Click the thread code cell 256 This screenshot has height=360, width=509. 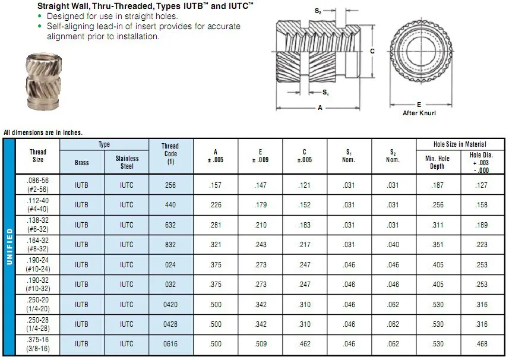tap(170, 185)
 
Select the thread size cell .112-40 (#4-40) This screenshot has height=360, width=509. tap(38, 205)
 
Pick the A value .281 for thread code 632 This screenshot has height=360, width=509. tap(216, 225)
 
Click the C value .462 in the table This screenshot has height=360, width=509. tap(305, 344)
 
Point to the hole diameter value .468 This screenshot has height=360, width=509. tap(483, 344)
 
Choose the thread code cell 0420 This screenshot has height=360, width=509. tap(170, 304)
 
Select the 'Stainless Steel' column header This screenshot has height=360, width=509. tap(127, 162)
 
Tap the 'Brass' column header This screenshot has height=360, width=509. tap(82, 162)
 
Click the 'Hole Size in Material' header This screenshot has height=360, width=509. tap(460, 144)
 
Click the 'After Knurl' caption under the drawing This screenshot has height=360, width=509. tap(419, 113)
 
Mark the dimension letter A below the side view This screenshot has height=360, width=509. tap(320, 108)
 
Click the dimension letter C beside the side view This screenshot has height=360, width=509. tap(372, 51)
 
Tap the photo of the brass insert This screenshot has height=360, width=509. tap(43, 81)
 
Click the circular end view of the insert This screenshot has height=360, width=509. tap(419, 52)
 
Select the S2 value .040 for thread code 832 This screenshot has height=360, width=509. tap(393, 245)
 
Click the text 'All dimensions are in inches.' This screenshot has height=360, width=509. tap(43, 132)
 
